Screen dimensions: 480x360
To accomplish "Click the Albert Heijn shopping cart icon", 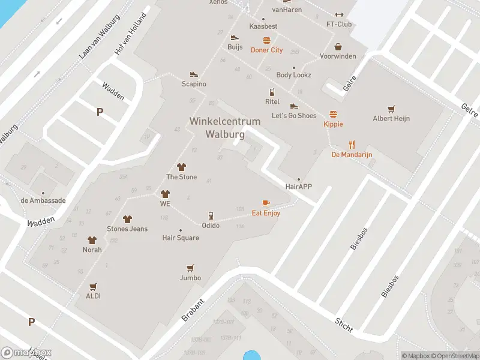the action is pos(391,109).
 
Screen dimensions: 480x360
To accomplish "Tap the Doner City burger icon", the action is pos(266,41).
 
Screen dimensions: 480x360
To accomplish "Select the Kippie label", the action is pos(333,124).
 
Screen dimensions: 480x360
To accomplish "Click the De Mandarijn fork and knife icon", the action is pos(352,145).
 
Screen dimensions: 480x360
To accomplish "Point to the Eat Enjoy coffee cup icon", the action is pos(266,203).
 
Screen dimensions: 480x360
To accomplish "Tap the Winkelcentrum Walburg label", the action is pos(225,128).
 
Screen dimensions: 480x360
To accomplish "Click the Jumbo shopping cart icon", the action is pos(190,268).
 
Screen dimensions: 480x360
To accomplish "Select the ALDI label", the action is pos(93,296).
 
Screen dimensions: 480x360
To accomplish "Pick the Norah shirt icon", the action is pos(92,240).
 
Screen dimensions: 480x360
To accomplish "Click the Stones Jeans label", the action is pos(127,229).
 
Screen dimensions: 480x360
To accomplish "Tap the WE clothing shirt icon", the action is pos(166,194).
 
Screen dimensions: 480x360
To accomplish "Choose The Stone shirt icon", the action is pos(181,167).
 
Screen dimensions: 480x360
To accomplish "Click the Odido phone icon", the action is pos(211,216).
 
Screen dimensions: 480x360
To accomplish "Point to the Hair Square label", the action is pos(181,238).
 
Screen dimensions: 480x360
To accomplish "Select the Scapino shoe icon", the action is pos(194,74).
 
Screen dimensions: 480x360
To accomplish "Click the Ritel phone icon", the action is pos(272,92).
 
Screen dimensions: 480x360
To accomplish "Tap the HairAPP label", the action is pos(299,187).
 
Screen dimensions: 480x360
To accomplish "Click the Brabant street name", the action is pos(193,309).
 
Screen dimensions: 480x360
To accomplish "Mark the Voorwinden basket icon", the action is pos(338,47).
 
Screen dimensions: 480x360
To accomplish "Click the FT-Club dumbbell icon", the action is pos(339,15).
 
